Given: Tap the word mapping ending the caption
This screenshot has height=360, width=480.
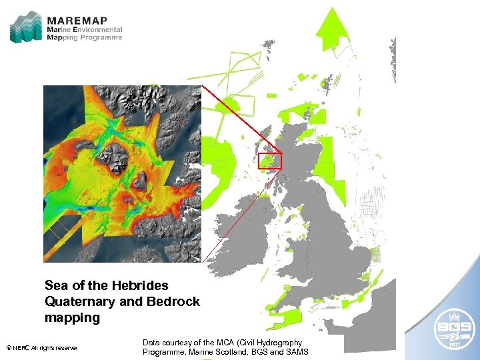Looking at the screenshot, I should point(72,318).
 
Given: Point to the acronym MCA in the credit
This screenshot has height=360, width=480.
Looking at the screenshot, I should point(237,343).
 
